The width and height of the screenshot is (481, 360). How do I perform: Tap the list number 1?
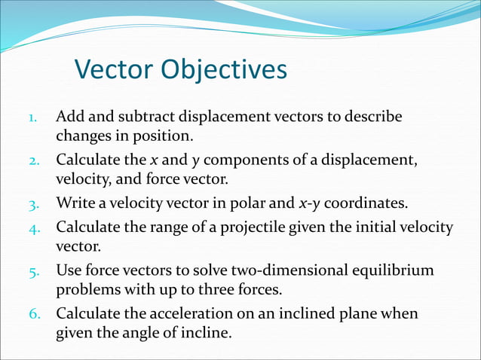pyautogui.click(x=32, y=118)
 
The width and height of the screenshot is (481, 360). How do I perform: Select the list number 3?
pyautogui.click(x=33, y=204)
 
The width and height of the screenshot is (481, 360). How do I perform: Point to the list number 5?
pyautogui.click(x=33, y=270)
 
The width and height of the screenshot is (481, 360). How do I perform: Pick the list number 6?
pyautogui.click(x=33, y=313)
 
